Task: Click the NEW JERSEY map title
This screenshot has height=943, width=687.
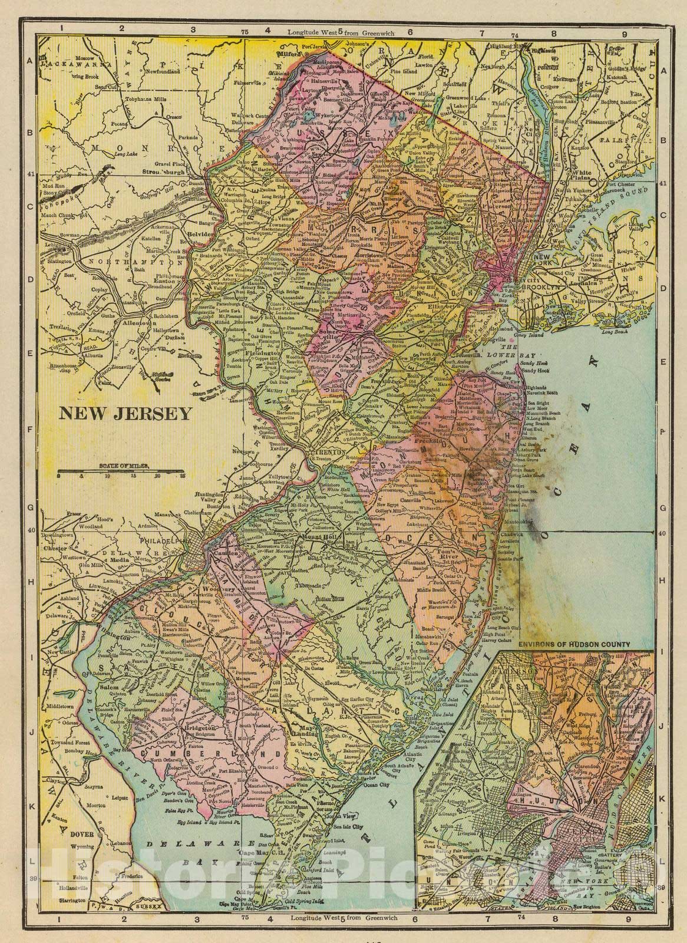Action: (x=124, y=413)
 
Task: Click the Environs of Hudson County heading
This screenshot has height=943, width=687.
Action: (x=574, y=644)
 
